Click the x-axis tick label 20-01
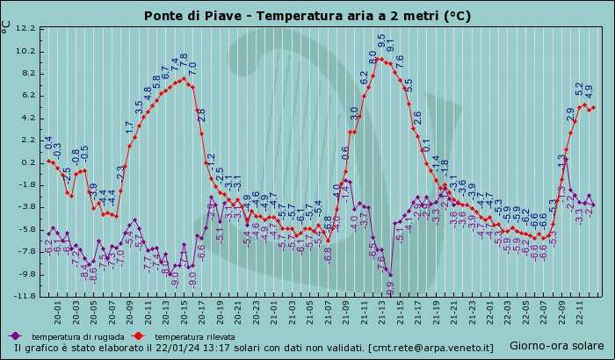(x=57, y=312)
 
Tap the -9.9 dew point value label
(x=390, y=286)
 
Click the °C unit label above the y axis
(x=6, y=26)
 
